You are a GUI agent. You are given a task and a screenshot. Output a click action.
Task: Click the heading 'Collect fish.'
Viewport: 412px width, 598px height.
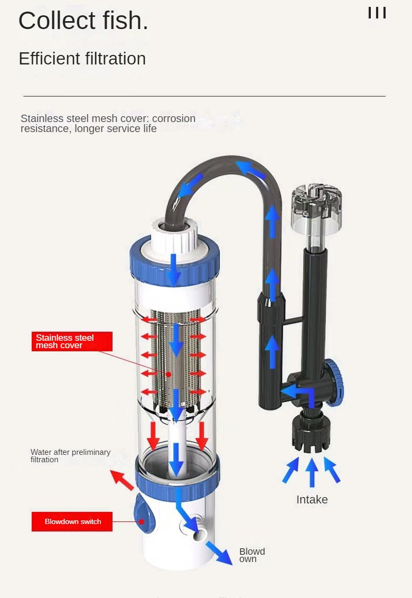tap(83, 21)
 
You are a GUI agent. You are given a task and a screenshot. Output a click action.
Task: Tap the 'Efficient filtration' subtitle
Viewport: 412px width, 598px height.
tap(82, 59)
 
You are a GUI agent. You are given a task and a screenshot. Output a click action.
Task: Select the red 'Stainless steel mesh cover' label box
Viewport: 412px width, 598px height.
tap(72, 341)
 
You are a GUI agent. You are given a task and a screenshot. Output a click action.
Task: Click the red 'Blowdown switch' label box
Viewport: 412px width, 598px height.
tap(72, 521)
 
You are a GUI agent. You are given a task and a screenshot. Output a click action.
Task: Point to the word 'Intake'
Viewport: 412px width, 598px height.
tap(312, 500)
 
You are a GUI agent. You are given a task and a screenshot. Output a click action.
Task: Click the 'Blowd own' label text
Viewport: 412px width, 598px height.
tap(252, 555)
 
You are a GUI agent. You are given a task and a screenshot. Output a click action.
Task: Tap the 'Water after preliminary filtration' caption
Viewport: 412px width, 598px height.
tap(71, 456)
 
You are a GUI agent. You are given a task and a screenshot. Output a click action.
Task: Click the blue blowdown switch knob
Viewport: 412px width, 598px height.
tap(143, 513)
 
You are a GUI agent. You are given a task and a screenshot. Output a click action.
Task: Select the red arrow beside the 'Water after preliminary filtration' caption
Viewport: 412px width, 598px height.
tap(122, 480)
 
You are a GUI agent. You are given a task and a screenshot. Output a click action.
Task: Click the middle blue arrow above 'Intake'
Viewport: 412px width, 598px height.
tap(312, 472)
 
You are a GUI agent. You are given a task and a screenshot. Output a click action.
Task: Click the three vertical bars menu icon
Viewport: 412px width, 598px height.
tap(377, 13)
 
